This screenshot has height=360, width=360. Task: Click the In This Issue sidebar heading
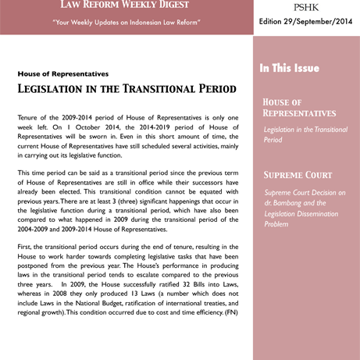pyautogui.click(x=290, y=69)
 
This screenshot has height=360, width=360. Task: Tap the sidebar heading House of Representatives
pyautogui.click(x=300, y=108)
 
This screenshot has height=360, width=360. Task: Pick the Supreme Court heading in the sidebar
pyautogui.click(x=298, y=175)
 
